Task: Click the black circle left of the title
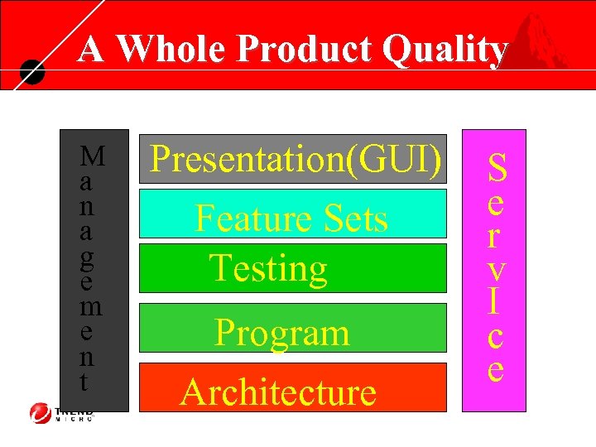31,73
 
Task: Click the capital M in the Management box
94,156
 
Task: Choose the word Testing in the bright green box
268,268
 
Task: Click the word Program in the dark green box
281,333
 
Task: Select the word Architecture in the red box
278,392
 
